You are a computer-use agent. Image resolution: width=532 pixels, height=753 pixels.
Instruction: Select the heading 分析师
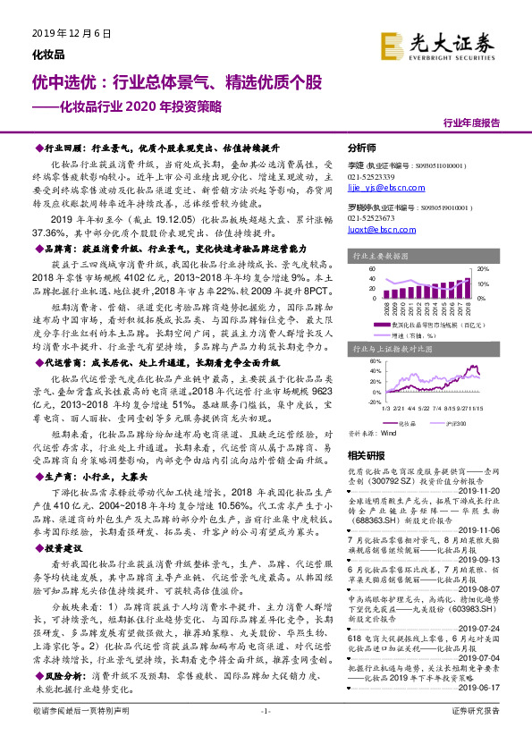(x=361, y=148)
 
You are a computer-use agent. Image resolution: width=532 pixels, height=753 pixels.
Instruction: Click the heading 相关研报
(x=365, y=455)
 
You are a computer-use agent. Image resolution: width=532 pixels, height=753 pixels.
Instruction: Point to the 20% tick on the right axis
(x=482, y=268)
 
